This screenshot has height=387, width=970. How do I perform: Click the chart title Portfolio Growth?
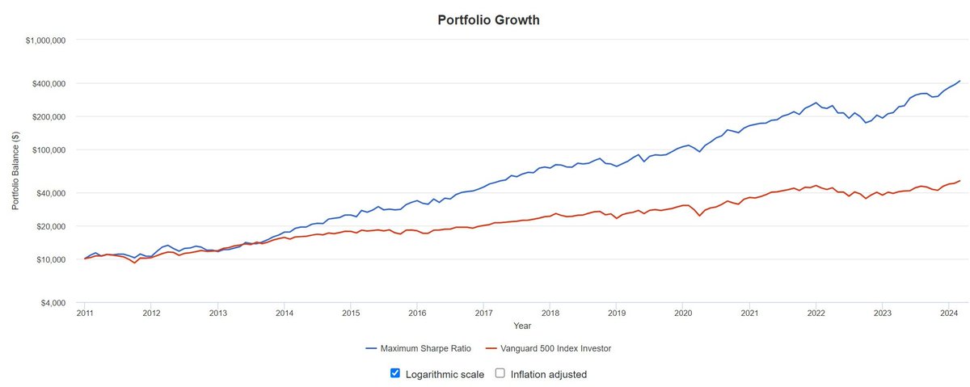click(x=488, y=19)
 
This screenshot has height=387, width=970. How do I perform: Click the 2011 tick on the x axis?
click(x=85, y=313)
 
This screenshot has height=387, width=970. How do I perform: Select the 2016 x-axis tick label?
click(x=417, y=313)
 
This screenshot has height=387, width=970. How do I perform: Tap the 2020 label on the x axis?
click(x=683, y=313)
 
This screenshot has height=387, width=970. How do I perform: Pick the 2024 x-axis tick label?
click(x=949, y=313)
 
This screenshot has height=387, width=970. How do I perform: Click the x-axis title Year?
click(x=522, y=326)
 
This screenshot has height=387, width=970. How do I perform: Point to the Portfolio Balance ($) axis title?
click(x=15, y=171)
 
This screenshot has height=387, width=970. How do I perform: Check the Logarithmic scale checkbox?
click(x=395, y=373)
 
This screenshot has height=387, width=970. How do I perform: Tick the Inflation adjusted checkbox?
click(x=500, y=373)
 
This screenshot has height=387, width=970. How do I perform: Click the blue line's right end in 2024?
click(x=959, y=81)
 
